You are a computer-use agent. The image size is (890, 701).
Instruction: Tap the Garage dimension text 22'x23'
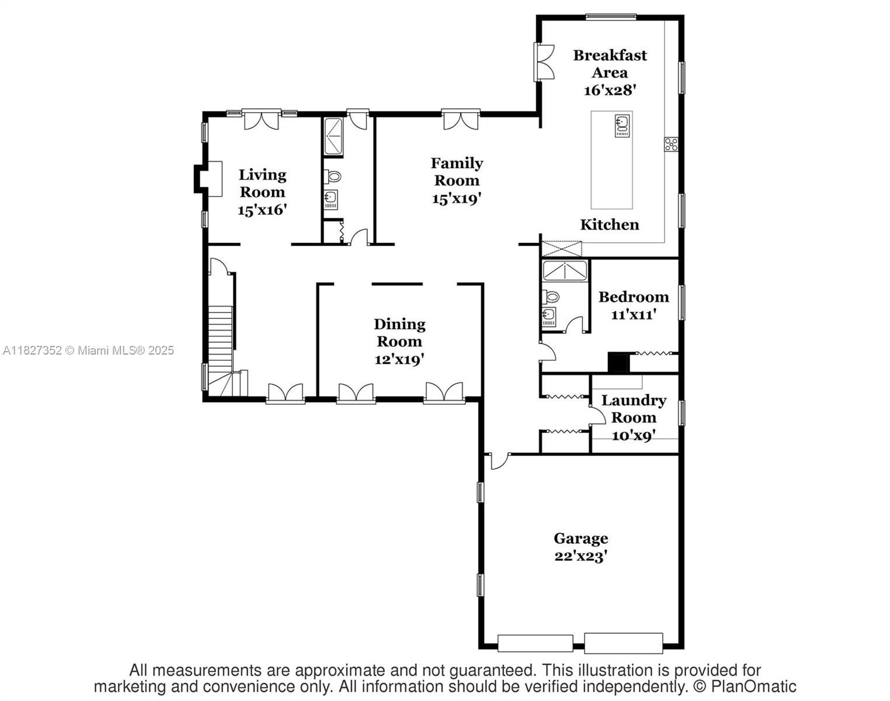pos(580,556)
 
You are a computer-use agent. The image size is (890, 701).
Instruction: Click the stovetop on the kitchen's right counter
pos(671,144)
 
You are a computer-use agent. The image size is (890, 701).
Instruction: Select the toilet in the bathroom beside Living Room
pos(333,176)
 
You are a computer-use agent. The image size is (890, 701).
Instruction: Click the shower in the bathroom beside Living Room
pos(333,137)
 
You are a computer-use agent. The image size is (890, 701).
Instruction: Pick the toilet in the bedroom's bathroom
pos(550,297)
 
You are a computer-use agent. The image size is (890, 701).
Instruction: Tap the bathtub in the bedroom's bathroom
pos(564,270)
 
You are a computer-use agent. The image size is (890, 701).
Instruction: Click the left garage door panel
pos(535,643)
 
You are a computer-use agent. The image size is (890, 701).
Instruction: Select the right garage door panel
pos(624,643)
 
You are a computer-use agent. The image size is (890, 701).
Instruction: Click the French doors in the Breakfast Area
pos(544,62)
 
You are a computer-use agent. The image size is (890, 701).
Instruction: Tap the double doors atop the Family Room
pos(461,120)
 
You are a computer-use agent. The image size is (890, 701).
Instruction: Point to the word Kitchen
pos(609,225)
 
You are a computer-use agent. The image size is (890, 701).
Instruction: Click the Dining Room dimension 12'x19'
pos(399,359)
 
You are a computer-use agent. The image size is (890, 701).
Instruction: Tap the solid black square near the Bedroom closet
pos(618,363)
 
